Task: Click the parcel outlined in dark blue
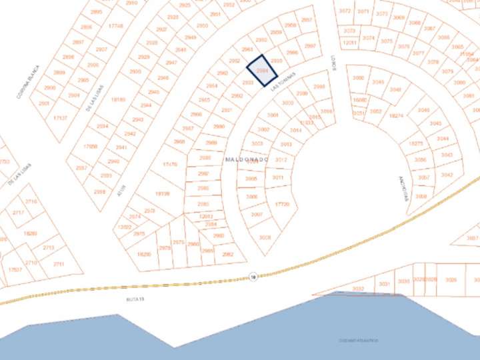(262, 71)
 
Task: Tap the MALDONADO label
(247, 160)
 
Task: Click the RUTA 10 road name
(135, 299)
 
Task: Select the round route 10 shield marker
(253, 277)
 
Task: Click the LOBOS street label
(333, 63)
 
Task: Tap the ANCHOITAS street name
(402, 185)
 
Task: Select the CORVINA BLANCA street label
(29, 82)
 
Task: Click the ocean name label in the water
(358, 341)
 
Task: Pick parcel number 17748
(115, 26)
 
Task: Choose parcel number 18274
(396, 115)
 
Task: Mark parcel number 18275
(415, 143)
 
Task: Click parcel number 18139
(162, 194)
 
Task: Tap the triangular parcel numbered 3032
(358, 289)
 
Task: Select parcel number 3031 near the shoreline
(384, 284)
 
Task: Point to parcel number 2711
(59, 265)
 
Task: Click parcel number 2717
(18, 213)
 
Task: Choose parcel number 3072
(345, 11)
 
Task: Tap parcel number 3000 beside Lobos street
(359, 78)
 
